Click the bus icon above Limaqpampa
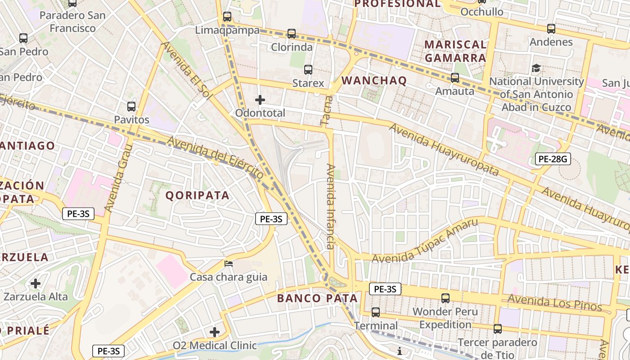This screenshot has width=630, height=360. (227, 17)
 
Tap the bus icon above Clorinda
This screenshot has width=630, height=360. (292, 33)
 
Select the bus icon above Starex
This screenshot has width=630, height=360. (308, 69)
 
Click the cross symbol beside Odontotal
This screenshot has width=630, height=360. (260, 100)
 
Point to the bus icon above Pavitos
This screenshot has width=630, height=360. (131, 107)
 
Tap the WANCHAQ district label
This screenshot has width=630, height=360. (374, 81)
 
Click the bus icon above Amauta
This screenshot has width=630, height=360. (455, 77)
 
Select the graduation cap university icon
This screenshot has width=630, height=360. (536, 68)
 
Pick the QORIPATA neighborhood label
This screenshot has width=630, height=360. (198, 195)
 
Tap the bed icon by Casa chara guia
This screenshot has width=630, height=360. (229, 263)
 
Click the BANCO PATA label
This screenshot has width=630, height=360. (317, 298)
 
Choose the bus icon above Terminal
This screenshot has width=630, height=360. (376, 312)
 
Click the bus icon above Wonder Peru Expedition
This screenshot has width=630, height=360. (445, 298)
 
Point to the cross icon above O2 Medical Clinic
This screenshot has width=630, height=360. (215, 332)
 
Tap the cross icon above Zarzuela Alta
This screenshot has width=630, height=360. (36, 283)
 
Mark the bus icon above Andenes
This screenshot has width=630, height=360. (551, 29)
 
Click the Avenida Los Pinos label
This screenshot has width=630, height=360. (555, 302)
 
